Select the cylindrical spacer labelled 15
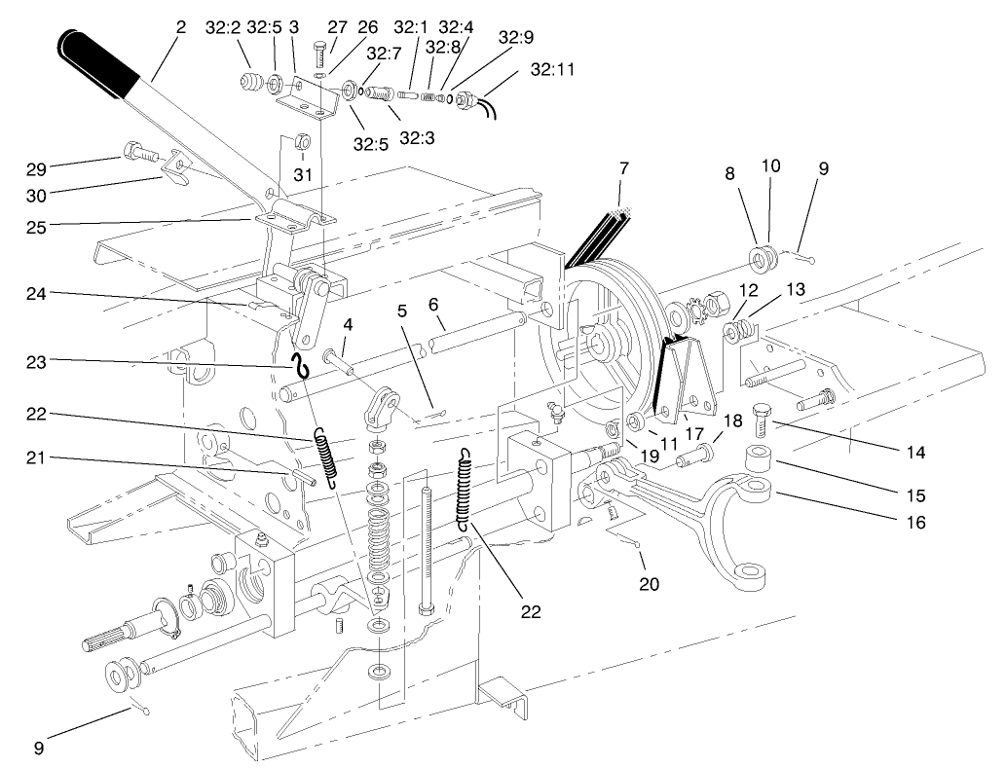click(758, 457)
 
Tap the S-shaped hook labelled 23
click(302, 368)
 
